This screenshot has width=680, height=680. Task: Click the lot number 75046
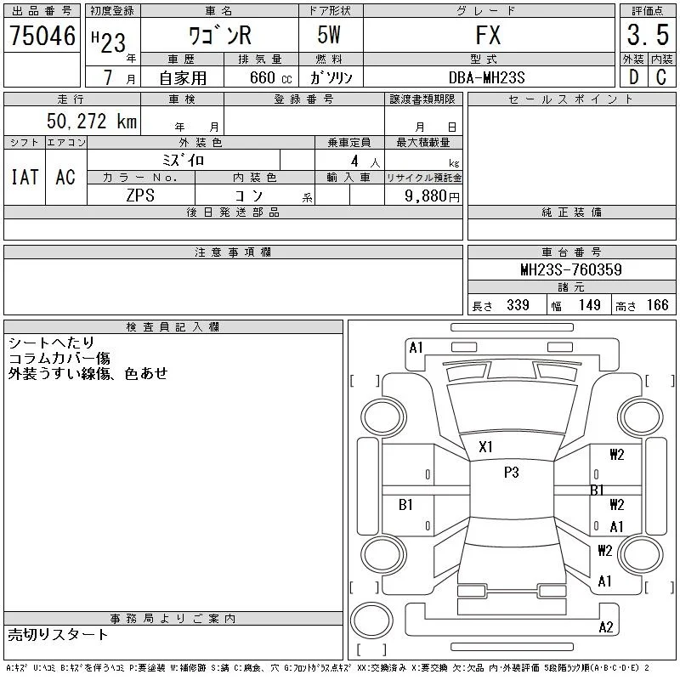(x=42, y=36)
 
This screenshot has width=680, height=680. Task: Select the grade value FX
(x=488, y=35)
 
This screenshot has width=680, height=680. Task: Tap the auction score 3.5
(x=648, y=35)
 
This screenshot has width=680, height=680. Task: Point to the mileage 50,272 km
(x=92, y=121)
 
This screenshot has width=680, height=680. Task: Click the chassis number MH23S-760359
(x=571, y=269)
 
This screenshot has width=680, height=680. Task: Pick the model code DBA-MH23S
(x=486, y=77)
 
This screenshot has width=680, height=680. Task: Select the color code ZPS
(x=140, y=195)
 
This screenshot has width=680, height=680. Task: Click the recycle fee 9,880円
(x=432, y=196)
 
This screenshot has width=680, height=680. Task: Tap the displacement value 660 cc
(x=270, y=77)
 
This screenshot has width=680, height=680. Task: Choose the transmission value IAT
(x=25, y=177)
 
